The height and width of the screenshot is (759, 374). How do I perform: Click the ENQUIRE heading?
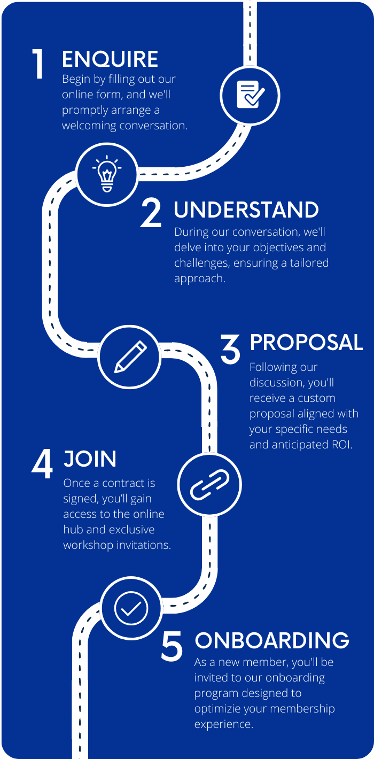point(110,59)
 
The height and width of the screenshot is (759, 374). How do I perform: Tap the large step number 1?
point(38,64)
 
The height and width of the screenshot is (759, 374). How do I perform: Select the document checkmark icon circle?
point(250,96)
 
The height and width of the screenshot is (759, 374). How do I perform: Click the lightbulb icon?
point(107,174)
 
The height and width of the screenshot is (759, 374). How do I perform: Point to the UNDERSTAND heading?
point(246,210)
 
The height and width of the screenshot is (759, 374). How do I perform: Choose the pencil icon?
point(130,357)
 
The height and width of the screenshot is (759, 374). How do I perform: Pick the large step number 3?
point(230,348)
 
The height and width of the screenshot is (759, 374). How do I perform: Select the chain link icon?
point(209,485)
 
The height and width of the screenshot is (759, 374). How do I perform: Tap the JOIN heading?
point(90,459)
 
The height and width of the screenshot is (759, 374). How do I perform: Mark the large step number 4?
point(42,464)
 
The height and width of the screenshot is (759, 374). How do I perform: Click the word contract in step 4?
point(123,483)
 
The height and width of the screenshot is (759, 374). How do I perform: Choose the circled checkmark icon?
point(131,608)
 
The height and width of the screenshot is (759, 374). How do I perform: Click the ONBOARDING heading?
point(272,640)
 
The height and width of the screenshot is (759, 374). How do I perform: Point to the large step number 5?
point(172,646)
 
